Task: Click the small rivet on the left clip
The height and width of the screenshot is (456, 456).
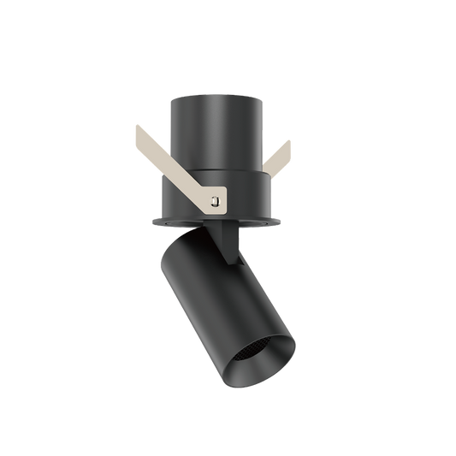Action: [x=215, y=202]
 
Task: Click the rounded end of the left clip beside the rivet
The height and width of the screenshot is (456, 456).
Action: [x=222, y=202]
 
